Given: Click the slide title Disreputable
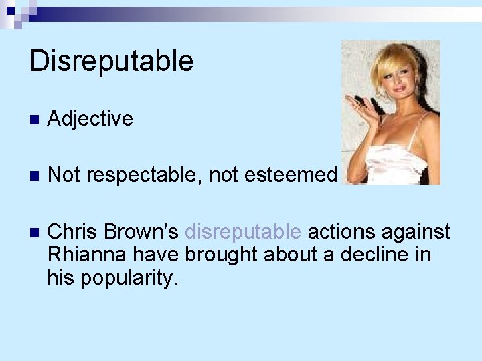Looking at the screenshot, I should point(111,62).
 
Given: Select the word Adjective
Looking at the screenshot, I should point(90,119).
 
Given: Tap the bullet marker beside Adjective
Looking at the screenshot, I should point(35,120).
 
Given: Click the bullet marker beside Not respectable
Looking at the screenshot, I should point(35,176).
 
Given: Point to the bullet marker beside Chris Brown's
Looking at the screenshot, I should point(35,233).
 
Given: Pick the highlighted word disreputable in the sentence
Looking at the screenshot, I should point(242,232).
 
